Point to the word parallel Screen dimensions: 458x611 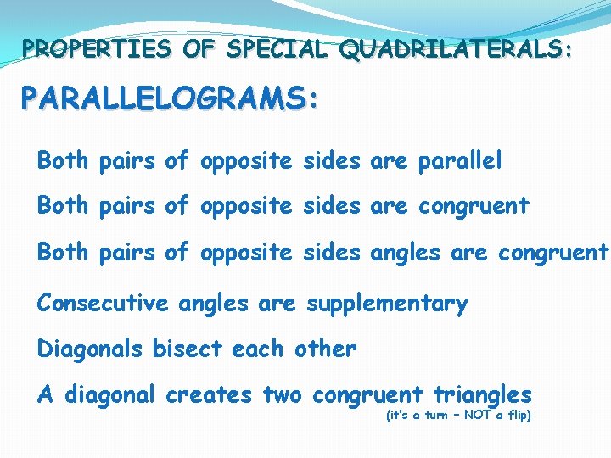pyautogui.click(x=460, y=160)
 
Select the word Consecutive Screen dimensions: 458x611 pyautogui.click(x=103, y=303)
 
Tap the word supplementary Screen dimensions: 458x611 pyautogui.click(x=386, y=304)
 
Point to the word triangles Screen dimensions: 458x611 pyautogui.click(x=482, y=395)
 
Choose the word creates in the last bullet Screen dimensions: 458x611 pyautogui.click(x=209, y=394)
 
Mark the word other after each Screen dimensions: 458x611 pyautogui.click(x=325, y=349)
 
